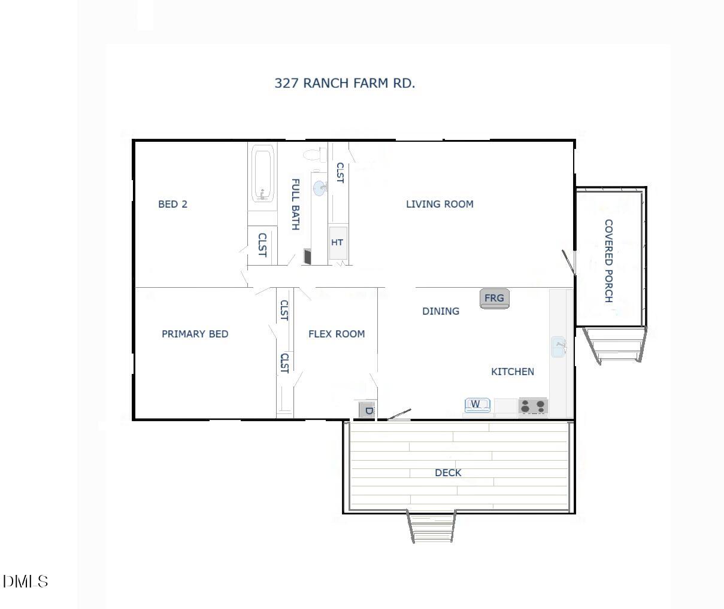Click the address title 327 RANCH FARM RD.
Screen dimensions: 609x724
pos(344,83)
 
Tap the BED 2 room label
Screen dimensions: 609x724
pos(172,204)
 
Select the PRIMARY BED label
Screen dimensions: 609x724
pos(195,334)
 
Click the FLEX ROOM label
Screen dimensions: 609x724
pos(336,334)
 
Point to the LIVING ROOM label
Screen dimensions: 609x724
pos(440,204)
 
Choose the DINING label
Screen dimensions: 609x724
pos(441,311)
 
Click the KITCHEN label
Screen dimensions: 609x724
pos(512,372)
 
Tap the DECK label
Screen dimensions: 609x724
pos(448,473)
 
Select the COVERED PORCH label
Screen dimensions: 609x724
pos(608,260)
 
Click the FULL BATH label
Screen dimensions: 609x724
pos(295,204)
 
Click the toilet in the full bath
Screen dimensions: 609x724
pos(314,155)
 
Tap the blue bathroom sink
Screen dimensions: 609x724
pos(320,188)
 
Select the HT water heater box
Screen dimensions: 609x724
pos(338,242)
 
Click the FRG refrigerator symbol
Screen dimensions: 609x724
pos(494,298)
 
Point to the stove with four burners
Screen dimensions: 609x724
pos(533,407)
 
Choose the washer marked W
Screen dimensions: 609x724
pos(477,405)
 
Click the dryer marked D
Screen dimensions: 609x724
pos(367,410)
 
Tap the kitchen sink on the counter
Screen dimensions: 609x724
pos(558,346)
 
